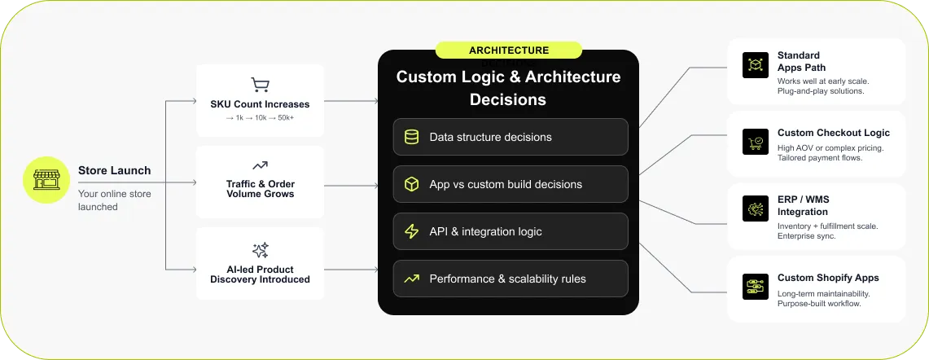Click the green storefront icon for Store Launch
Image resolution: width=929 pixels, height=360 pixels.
click(46, 180)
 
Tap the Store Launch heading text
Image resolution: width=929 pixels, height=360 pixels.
click(114, 170)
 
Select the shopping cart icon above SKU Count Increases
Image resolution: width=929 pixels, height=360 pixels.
click(260, 85)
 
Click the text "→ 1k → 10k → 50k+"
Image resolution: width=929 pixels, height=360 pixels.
click(260, 119)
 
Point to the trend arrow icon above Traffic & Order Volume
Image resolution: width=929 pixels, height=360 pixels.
click(260, 165)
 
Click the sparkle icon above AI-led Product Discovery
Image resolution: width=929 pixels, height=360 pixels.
click(260, 250)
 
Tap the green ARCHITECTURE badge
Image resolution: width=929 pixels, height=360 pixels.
click(508, 50)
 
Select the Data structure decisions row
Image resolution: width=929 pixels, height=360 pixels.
click(510, 137)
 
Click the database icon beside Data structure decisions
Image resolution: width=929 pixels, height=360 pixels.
click(412, 137)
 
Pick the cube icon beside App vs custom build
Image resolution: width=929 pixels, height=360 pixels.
click(412, 184)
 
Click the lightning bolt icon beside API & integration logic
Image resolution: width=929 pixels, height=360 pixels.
click(412, 231)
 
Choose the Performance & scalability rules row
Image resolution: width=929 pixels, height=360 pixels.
click(510, 279)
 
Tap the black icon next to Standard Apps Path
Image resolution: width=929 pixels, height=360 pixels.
click(755, 66)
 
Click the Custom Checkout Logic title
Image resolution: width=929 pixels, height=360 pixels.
click(833, 133)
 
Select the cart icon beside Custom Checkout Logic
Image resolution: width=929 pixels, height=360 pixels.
click(755, 141)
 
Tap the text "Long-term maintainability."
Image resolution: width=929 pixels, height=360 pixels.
click(823, 293)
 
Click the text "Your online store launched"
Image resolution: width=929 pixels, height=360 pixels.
click(114, 200)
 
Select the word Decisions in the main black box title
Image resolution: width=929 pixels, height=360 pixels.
click(508, 100)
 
